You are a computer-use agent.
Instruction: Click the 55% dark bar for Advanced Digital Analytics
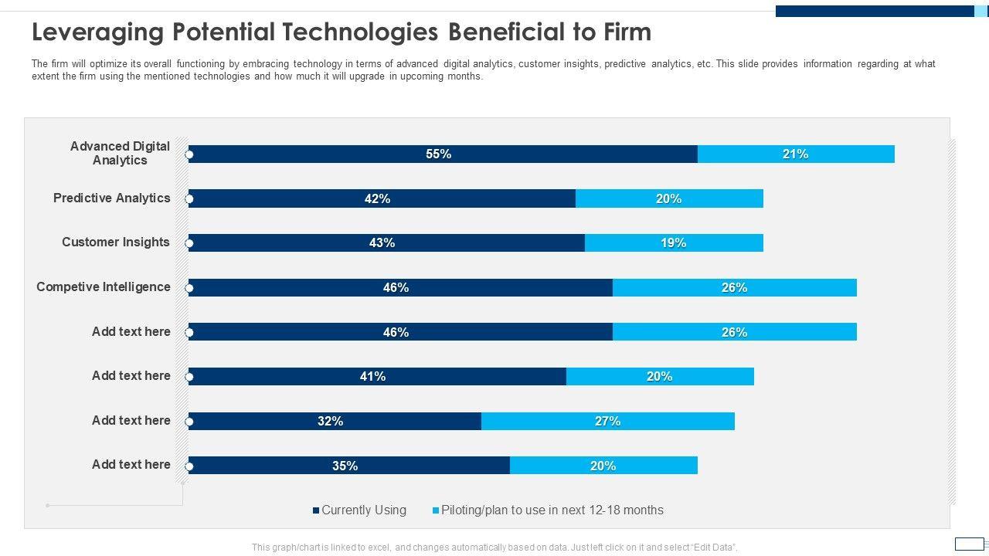click(x=443, y=154)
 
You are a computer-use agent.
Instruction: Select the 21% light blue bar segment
click(x=796, y=154)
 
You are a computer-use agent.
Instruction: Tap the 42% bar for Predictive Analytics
click(x=382, y=198)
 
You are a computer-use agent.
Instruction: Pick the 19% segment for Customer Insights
click(x=674, y=243)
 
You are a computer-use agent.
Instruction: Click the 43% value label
click(x=382, y=243)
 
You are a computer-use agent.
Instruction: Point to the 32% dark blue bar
click(x=335, y=421)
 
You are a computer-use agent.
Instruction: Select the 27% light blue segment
click(x=608, y=421)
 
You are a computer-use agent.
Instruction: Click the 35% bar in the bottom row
click(x=349, y=466)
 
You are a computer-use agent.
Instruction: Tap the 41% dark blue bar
click(x=377, y=377)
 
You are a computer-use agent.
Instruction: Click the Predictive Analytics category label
click(x=111, y=198)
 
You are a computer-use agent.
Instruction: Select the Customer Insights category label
click(x=116, y=242)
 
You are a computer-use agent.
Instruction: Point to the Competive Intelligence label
click(x=104, y=286)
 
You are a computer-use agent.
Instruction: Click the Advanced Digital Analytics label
click(x=120, y=153)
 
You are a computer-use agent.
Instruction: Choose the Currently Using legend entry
click(x=360, y=510)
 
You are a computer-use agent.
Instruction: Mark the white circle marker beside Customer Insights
click(x=189, y=244)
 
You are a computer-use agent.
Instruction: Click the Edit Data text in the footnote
click(x=714, y=548)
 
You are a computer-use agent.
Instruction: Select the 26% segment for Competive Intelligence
click(x=734, y=288)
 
